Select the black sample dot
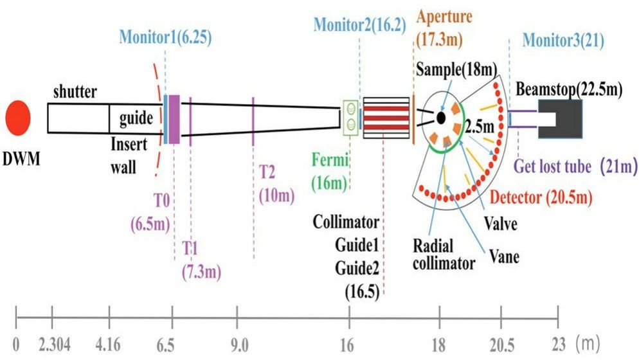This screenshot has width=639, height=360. (440, 118)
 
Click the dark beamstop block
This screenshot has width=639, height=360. (560, 120)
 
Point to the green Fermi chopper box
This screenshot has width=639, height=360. (350, 116)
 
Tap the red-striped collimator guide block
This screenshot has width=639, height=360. (386, 118)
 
